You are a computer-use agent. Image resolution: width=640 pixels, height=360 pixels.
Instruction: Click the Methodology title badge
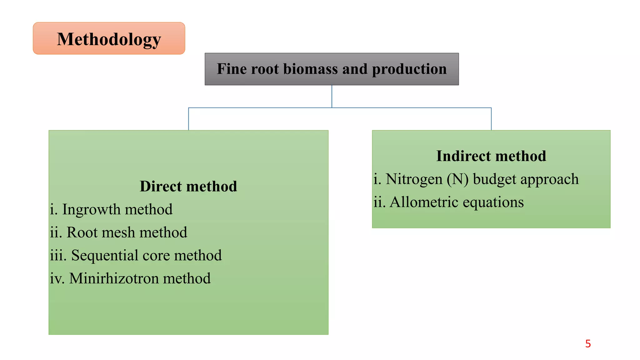click(x=109, y=39)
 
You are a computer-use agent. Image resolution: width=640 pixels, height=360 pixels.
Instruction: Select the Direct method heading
click(x=188, y=186)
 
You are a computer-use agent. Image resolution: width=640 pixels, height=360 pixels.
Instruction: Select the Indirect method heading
click(x=491, y=156)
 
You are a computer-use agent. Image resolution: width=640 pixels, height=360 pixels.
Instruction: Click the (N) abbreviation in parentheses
click(x=457, y=179)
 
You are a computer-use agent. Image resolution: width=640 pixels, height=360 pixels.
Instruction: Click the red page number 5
click(x=588, y=344)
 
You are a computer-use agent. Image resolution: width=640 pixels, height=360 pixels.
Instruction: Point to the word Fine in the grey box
click(x=232, y=69)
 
